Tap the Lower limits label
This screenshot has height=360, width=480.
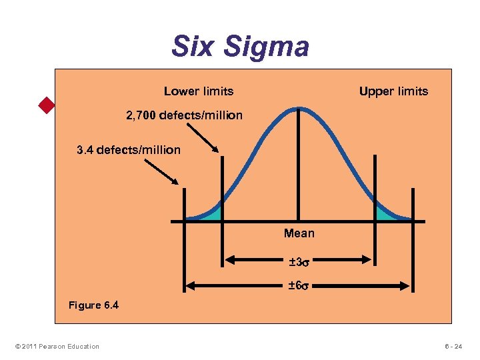point(199,91)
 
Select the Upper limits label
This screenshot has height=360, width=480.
point(393,91)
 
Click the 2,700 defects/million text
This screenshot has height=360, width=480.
point(185,116)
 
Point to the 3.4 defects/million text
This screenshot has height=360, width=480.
point(129,150)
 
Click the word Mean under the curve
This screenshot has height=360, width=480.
point(299,233)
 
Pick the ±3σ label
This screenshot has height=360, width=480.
point(299,261)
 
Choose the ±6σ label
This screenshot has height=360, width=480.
point(299,286)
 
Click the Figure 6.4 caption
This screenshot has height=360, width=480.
point(94,305)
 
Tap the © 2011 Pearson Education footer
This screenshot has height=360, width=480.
point(55,346)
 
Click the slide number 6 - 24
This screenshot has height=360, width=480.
point(456,346)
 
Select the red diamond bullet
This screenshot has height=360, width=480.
point(46,105)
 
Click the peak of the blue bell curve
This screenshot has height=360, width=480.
point(299,108)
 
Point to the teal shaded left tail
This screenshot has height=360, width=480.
point(211,214)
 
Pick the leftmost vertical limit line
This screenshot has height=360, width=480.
point(185,207)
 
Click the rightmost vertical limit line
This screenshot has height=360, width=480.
point(413,207)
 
